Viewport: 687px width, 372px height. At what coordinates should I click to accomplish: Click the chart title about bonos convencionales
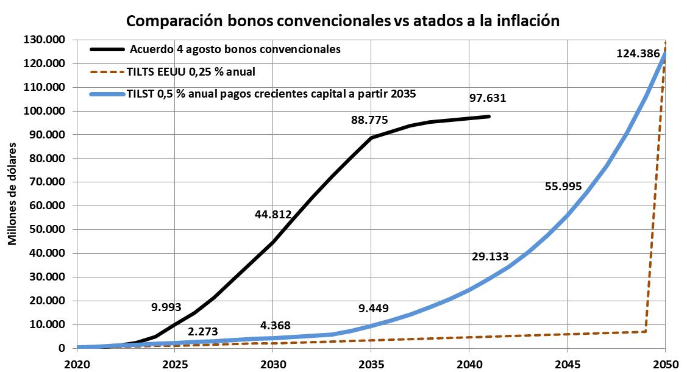point(343,21)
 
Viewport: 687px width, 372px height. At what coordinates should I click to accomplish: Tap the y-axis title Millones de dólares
point(12,195)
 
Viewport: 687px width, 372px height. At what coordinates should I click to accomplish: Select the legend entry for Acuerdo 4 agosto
point(235,48)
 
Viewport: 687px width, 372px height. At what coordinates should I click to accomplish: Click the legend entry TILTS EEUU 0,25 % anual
point(191,71)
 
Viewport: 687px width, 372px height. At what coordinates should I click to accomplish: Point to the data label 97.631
point(488,98)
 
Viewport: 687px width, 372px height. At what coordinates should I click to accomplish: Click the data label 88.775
point(369,120)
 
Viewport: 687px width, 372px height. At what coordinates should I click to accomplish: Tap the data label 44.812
point(273,214)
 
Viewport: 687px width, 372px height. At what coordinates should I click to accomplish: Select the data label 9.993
point(166,307)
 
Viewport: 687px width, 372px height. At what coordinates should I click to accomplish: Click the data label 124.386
point(638,54)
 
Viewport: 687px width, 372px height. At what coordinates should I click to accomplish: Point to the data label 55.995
point(563,187)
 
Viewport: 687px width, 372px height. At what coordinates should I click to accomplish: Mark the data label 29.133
point(490,257)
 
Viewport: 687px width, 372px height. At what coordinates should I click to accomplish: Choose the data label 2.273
point(202,332)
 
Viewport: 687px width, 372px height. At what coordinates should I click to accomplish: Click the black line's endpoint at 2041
point(489,116)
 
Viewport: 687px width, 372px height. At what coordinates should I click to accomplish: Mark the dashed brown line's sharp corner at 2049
point(645,331)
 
